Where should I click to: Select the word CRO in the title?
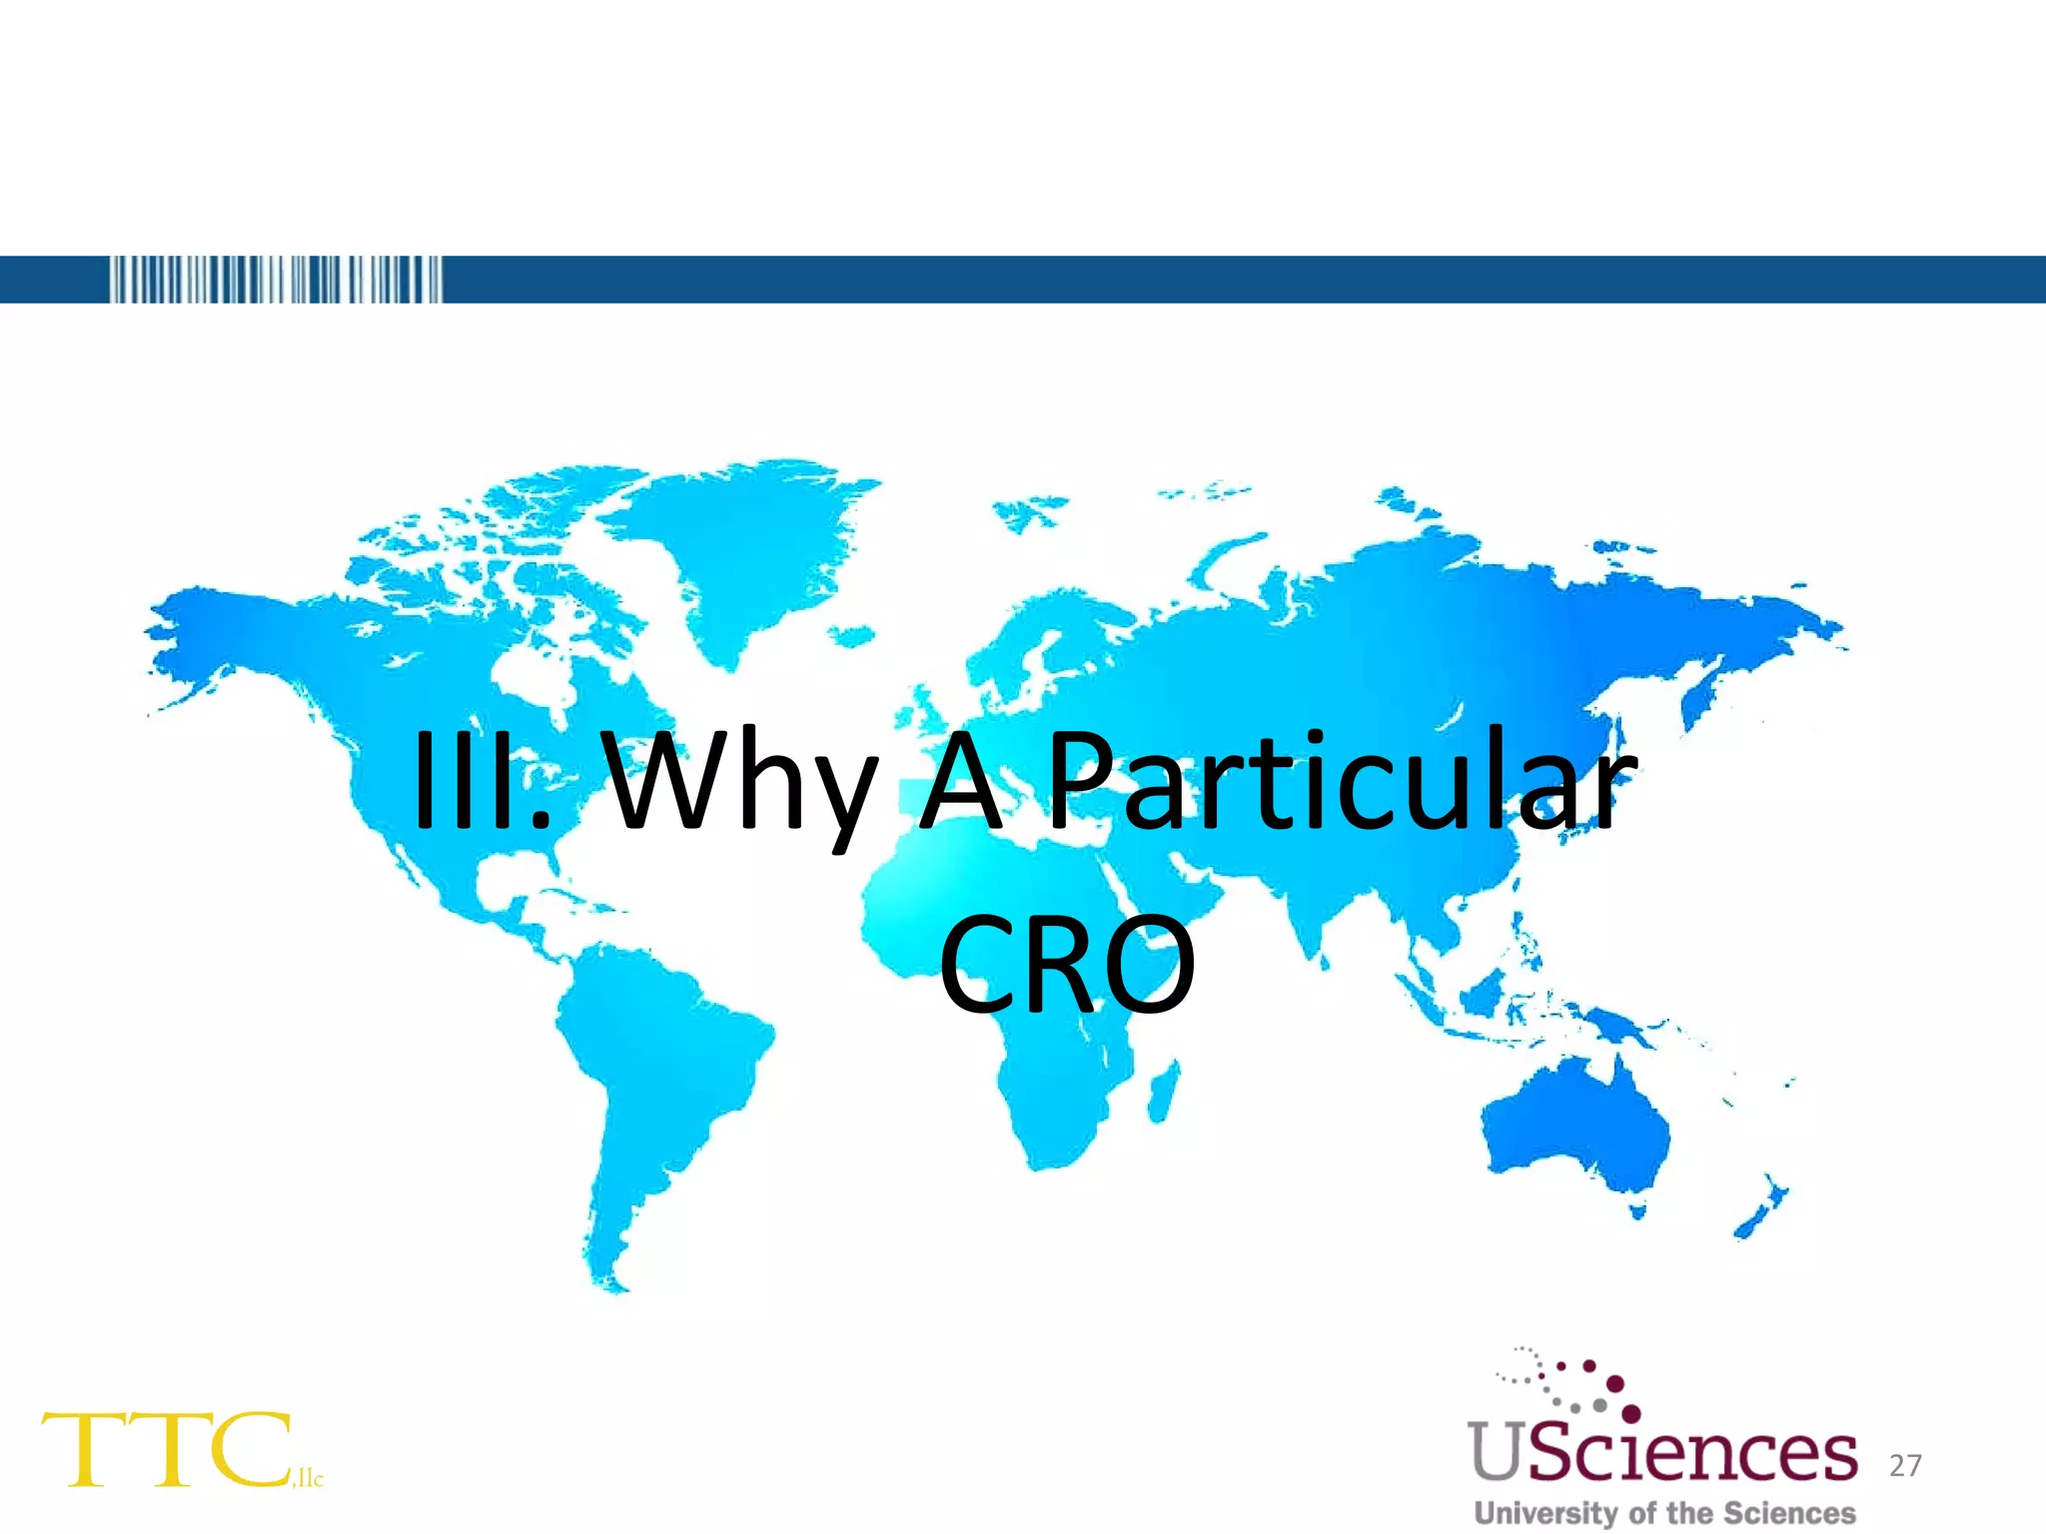click(1066, 963)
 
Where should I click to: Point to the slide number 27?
click(1905, 1465)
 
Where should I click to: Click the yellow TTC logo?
click(166, 1450)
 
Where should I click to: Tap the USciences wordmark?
click(1662, 1453)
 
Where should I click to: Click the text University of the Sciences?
click(1664, 1513)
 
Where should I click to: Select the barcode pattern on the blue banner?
click(275, 280)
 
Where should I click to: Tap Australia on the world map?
click(1578, 1129)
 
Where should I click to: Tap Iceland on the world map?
click(851, 635)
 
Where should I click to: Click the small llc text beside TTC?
click(309, 1477)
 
